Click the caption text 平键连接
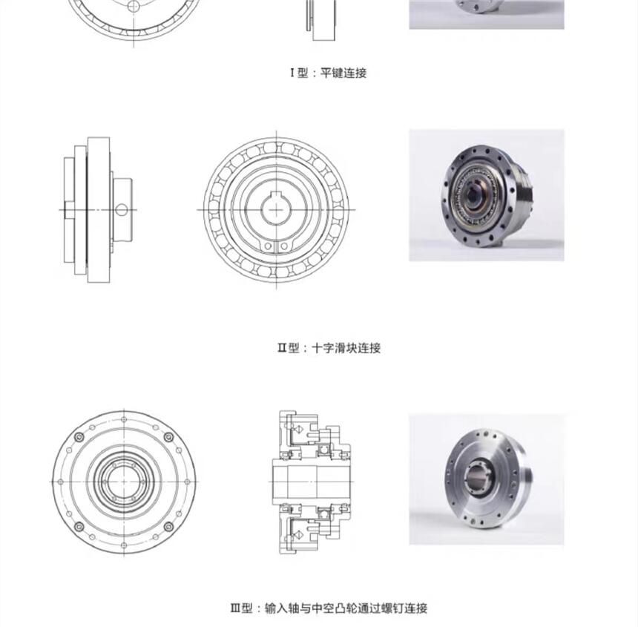click(x=343, y=73)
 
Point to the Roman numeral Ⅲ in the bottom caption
click(x=236, y=608)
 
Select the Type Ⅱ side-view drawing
click(x=99, y=209)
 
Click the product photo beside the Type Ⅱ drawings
click(x=486, y=195)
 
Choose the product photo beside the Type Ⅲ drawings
click(x=486, y=479)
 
